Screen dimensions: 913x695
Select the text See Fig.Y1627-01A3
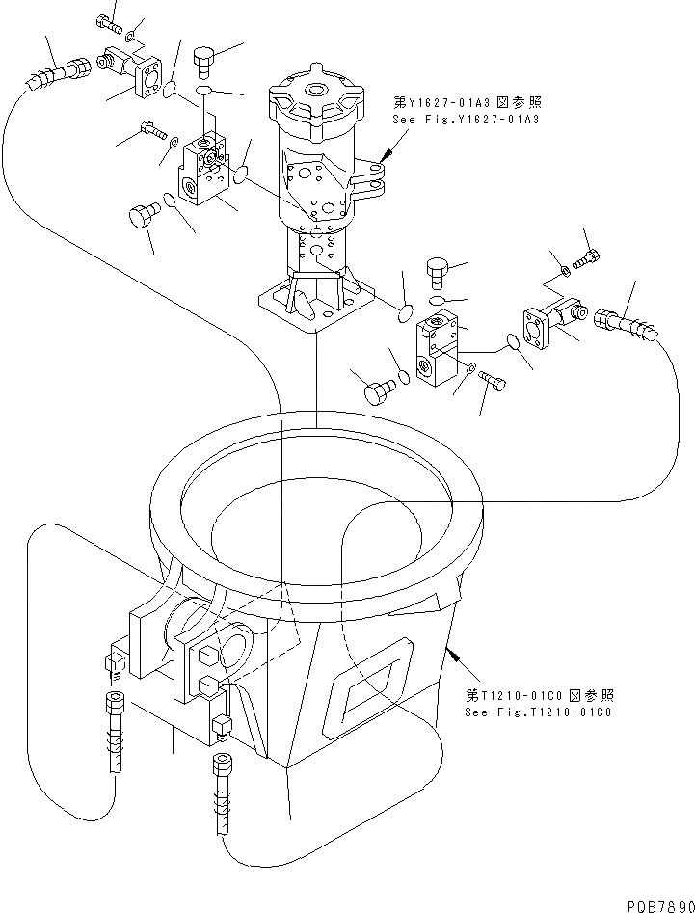(x=465, y=119)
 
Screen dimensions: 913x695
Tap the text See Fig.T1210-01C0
(x=539, y=712)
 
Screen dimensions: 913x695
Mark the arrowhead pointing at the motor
(x=386, y=154)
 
